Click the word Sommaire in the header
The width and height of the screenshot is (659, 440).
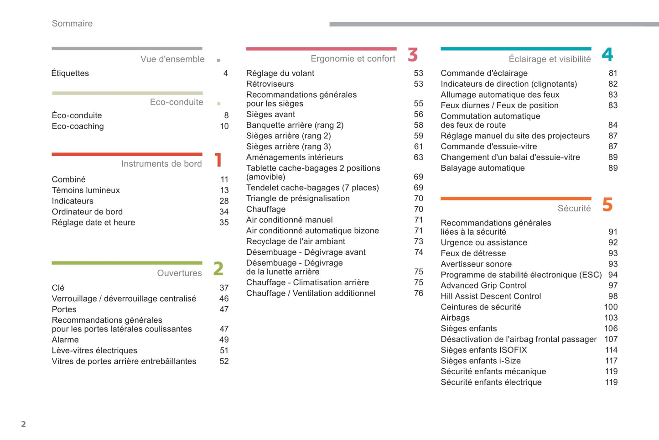72,24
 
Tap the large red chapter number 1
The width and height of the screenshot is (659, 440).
218,160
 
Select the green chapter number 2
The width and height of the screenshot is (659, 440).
218,269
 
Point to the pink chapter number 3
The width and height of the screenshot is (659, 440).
413,55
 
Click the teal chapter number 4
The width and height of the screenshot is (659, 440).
607,55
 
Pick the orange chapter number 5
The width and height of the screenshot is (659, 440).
607,204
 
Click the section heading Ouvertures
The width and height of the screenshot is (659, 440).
179,273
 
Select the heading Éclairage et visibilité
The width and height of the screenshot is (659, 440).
550,59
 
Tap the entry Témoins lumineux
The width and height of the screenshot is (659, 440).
86,190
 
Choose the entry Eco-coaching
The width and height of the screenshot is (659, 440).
78,126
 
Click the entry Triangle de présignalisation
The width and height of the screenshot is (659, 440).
298,199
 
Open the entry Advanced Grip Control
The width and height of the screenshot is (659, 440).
483,286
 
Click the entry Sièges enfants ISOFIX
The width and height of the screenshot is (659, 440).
483,350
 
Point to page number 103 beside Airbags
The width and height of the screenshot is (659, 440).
611,318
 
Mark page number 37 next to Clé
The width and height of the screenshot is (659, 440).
224,288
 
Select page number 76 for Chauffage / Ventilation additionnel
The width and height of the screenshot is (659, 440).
419,293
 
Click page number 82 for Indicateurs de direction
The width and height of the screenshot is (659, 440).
613,84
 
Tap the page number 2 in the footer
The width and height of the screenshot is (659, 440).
23,424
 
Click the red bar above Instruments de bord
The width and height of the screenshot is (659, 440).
127,154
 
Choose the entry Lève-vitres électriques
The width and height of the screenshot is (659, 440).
94,351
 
